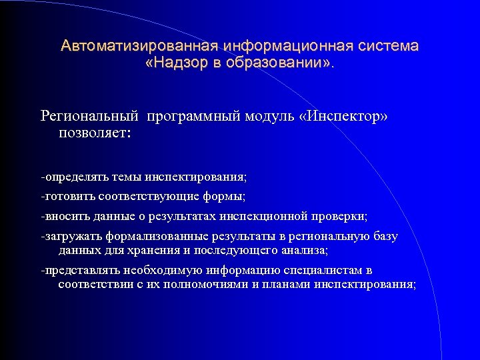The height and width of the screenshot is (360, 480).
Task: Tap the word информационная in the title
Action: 289,46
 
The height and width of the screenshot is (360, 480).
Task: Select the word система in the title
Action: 389,46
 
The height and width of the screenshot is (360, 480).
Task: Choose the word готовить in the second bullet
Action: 69,197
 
